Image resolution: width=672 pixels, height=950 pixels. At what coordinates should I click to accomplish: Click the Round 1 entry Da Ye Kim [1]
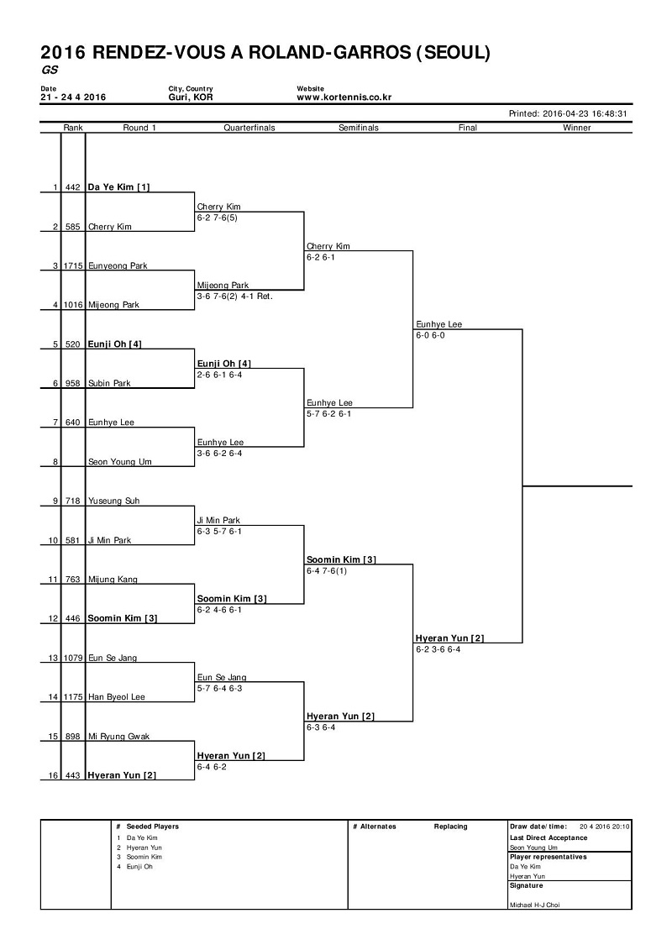point(118,187)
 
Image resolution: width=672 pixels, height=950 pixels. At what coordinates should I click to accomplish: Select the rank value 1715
point(73,266)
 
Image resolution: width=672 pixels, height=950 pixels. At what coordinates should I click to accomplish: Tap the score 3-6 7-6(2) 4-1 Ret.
point(234,297)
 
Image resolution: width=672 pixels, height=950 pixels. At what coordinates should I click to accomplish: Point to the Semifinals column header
point(359,128)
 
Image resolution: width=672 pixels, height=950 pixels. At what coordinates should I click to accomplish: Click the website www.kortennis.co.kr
point(344,97)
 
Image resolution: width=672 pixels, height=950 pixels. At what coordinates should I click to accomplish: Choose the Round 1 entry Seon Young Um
point(120,462)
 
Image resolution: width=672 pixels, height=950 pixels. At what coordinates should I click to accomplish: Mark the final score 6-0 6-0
point(430,335)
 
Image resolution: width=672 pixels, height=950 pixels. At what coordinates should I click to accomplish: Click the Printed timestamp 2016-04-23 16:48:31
point(585,113)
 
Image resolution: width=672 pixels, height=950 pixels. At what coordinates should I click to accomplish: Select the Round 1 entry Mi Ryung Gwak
point(118,737)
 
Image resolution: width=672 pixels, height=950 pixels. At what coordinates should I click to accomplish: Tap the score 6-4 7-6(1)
point(327,570)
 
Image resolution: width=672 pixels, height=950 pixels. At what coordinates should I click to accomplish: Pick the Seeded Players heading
point(153,827)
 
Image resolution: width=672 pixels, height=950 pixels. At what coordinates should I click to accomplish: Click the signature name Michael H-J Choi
point(534,905)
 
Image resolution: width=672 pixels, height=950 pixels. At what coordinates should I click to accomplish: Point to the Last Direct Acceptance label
point(549,838)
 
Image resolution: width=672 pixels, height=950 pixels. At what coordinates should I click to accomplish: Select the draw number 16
point(53,775)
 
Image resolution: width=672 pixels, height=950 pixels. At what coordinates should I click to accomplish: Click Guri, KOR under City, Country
point(191,97)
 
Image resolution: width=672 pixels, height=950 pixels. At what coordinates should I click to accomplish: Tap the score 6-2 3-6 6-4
point(438,649)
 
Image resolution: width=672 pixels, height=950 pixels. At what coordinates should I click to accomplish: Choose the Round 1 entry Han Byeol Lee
point(117,697)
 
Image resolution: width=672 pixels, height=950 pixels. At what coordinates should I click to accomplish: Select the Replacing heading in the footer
point(451,827)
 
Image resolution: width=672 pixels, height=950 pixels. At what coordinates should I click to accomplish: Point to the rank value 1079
point(73,658)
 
